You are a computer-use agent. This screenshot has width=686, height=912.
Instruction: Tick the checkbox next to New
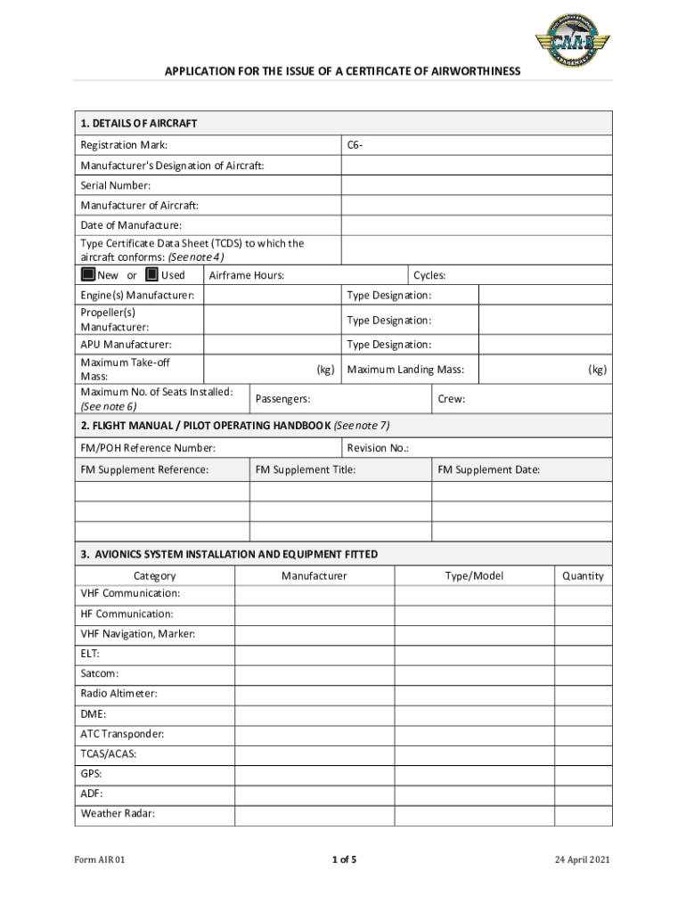click(x=88, y=275)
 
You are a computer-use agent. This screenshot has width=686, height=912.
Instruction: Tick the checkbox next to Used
click(x=151, y=275)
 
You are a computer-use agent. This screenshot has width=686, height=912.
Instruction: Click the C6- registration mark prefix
click(x=355, y=145)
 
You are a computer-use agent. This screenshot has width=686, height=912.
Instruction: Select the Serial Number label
click(x=115, y=185)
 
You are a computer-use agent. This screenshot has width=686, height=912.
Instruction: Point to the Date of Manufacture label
click(x=131, y=225)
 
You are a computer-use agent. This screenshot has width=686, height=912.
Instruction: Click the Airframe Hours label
click(x=247, y=275)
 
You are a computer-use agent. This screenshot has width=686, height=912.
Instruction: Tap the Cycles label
click(x=429, y=275)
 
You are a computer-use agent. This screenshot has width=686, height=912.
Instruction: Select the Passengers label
click(x=283, y=399)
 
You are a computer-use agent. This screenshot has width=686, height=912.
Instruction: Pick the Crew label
click(x=452, y=399)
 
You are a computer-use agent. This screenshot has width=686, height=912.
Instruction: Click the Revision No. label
click(x=378, y=448)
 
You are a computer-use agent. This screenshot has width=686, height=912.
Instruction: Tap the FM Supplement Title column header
click(x=306, y=469)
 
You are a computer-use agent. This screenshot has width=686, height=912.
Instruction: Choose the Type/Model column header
click(x=474, y=576)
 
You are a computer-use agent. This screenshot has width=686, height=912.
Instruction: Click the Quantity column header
click(x=583, y=576)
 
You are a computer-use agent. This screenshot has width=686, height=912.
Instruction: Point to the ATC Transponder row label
click(x=122, y=735)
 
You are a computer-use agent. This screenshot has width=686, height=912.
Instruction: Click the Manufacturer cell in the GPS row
click(x=314, y=774)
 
